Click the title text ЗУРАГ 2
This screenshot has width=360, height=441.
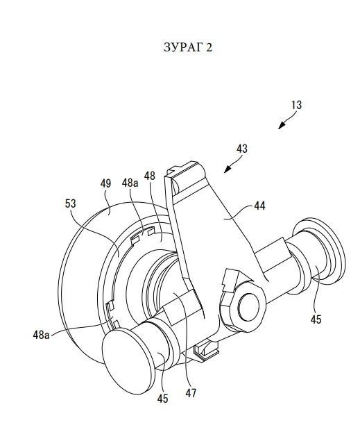pyautogui.click(x=188, y=47)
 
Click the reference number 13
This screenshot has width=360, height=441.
pyautogui.click(x=296, y=105)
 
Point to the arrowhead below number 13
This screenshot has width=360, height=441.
pyautogui.click(x=282, y=126)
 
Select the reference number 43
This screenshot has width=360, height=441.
pyautogui.click(x=242, y=149)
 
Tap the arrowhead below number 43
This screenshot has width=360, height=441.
pyautogui.click(x=228, y=169)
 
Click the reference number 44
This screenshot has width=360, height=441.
pyautogui.click(x=259, y=206)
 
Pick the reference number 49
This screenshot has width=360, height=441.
pyautogui.click(x=105, y=183)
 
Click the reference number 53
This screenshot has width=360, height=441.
pyautogui.click(x=70, y=203)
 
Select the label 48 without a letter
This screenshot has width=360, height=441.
pyautogui.click(x=149, y=176)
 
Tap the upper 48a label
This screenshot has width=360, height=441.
pyautogui.click(x=130, y=183)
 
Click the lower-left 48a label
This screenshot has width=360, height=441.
pyautogui.click(x=41, y=335)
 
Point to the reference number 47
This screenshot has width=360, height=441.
pyautogui.click(x=191, y=393)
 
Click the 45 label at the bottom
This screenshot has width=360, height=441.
pyautogui.click(x=162, y=399)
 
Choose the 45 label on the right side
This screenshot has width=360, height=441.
pyautogui.click(x=316, y=319)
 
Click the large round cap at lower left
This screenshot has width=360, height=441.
pyautogui.click(x=128, y=361)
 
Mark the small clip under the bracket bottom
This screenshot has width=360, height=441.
pyautogui.click(x=206, y=349)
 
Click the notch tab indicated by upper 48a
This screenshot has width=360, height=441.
pyautogui.click(x=143, y=233)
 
